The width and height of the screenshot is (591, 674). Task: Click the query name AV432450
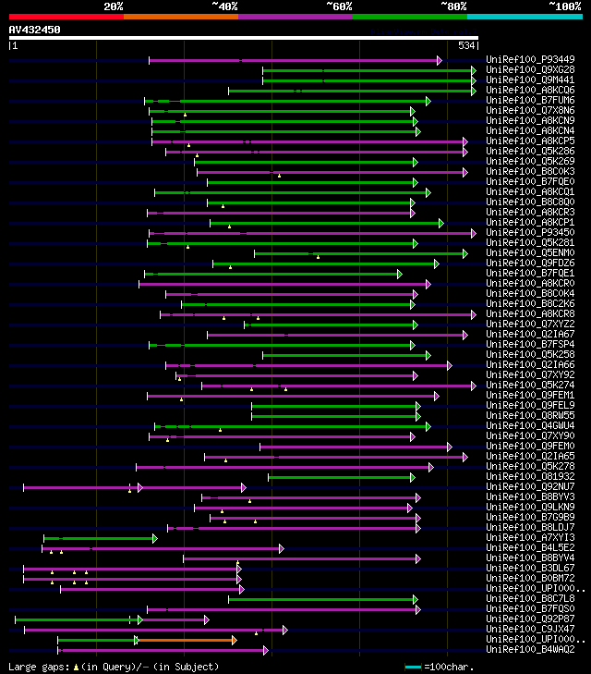pyautogui.click(x=35, y=30)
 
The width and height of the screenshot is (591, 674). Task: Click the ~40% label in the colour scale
pyautogui.click(x=224, y=6)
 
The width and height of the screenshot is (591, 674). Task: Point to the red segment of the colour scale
pyautogui.click(x=66, y=16)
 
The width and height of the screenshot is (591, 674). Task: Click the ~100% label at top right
pyautogui.click(x=564, y=6)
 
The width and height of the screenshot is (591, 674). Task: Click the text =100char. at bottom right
pyautogui.click(x=453, y=667)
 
